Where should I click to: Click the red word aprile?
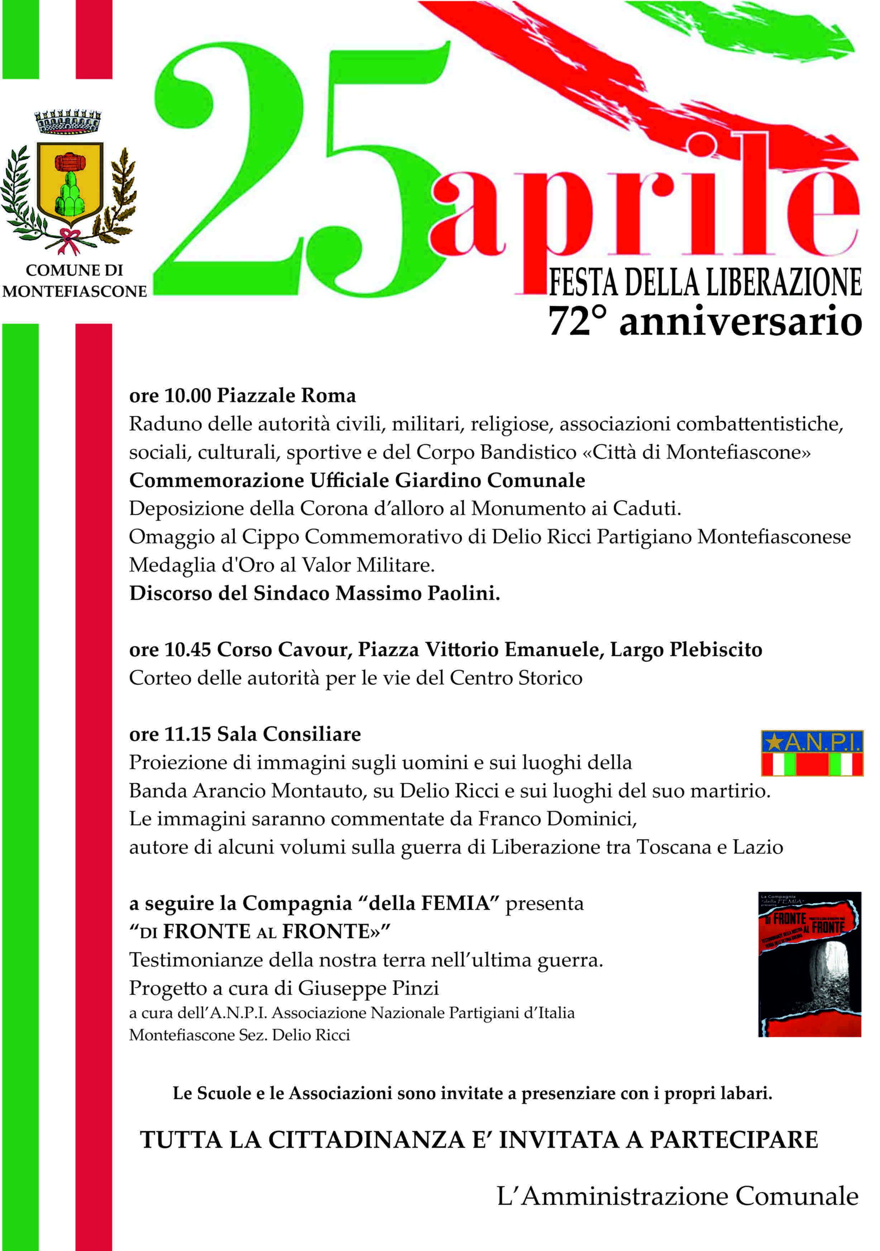click(643, 207)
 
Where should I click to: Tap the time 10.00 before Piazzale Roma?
click(187, 396)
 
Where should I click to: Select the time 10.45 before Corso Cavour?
click(187, 649)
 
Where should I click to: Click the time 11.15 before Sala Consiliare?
click(187, 734)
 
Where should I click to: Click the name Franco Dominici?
click(557, 818)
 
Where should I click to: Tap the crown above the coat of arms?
click(68, 121)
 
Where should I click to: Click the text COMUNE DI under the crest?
click(74, 270)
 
